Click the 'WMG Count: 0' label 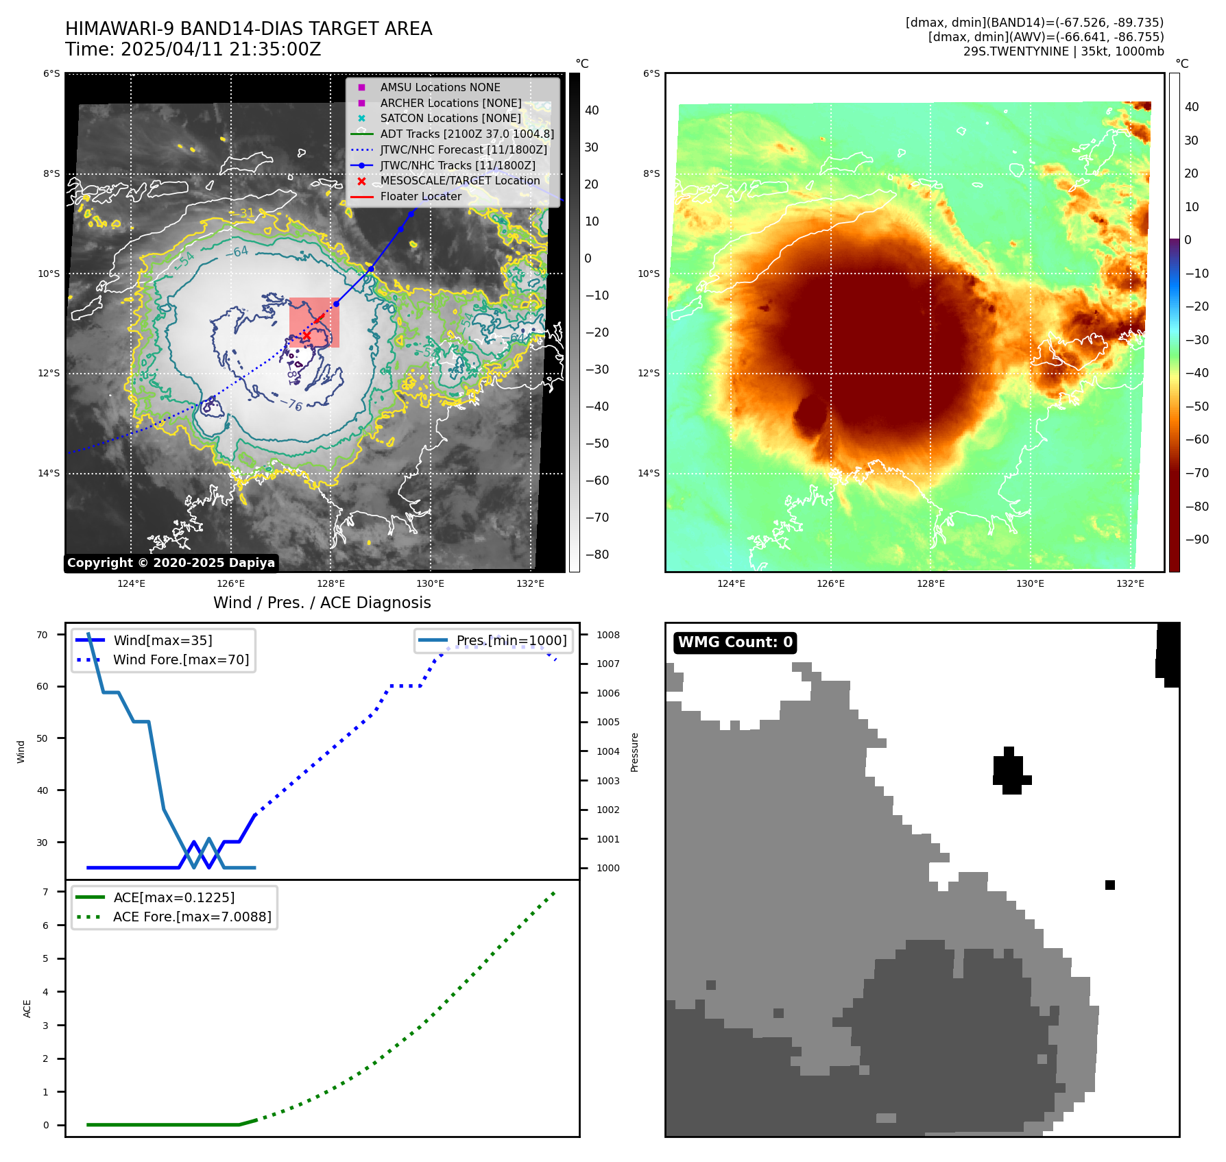point(735,642)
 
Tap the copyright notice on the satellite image point(171,563)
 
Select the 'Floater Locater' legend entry point(420,196)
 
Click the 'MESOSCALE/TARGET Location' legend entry point(459,180)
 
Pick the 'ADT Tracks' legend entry point(466,134)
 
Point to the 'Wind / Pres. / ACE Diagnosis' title point(322,603)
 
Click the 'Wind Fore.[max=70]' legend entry point(180,659)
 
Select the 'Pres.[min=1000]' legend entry point(511,640)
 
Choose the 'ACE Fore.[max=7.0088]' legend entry point(191,917)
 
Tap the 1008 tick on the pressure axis point(608,635)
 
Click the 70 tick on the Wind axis point(43,635)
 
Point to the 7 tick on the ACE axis point(45,892)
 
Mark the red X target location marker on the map point(306,336)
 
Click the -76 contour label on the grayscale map point(295,405)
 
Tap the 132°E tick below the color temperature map point(1130,583)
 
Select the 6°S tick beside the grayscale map point(51,74)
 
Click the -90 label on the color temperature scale point(1197,540)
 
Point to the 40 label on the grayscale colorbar point(591,110)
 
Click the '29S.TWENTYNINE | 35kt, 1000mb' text point(1063,51)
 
